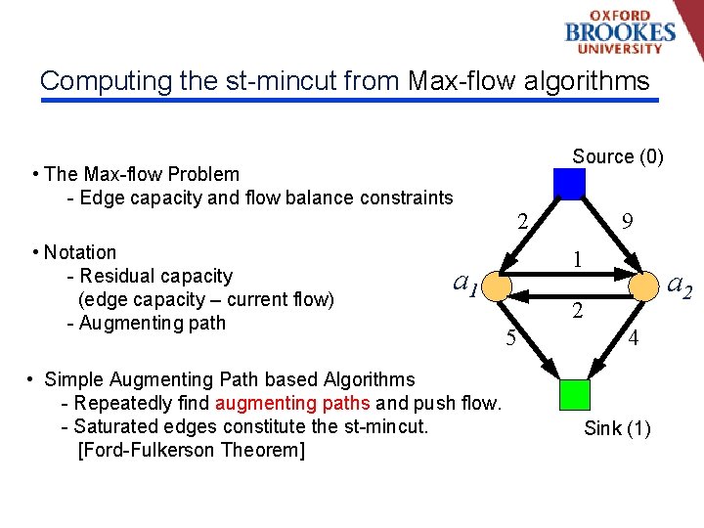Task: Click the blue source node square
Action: (x=569, y=184)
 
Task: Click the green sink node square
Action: (x=574, y=393)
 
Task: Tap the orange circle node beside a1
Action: (x=497, y=286)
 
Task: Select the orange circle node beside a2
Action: (x=643, y=286)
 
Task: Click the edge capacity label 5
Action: (x=510, y=340)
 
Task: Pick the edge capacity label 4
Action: (x=634, y=339)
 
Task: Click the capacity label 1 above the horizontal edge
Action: (x=578, y=260)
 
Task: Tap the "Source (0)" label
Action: (x=618, y=156)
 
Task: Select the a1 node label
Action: (x=465, y=284)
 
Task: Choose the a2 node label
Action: (x=680, y=286)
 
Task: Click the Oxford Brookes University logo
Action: (x=620, y=31)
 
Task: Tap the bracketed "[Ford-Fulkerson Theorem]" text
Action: (x=191, y=450)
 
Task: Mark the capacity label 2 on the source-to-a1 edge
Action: (x=524, y=221)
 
